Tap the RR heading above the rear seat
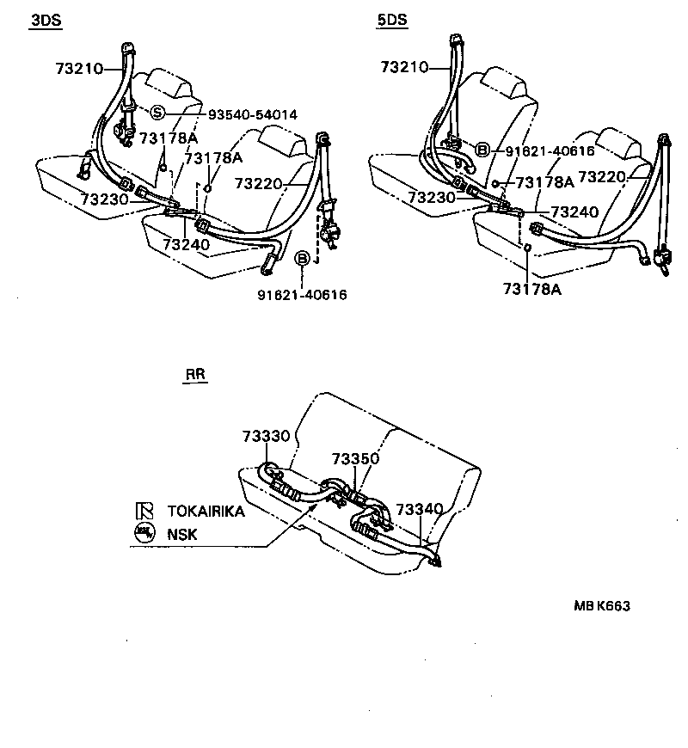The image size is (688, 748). pyautogui.click(x=195, y=375)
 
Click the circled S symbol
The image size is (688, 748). pyautogui.click(x=157, y=113)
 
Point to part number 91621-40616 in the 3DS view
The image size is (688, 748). pyautogui.click(x=302, y=294)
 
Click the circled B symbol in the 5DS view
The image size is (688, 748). pyautogui.click(x=482, y=150)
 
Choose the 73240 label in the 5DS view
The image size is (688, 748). pyautogui.click(x=574, y=211)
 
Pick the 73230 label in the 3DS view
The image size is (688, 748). pyautogui.click(x=104, y=199)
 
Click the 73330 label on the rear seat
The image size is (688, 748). pyautogui.click(x=265, y=436)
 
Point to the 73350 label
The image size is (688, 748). pyautogui.click(x=355, y=460)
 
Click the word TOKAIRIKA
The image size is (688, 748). pyautogui.click(x=206, y=511)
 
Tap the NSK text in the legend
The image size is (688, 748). pyautogui.click(x=182, y=534)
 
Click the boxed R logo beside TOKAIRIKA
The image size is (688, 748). pyautogui.click(x=143, y=511)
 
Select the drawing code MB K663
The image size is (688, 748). pyautogui.click(x=602, y=605)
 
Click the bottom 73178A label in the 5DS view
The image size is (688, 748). pyautogui.click(x=532, y=289)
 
